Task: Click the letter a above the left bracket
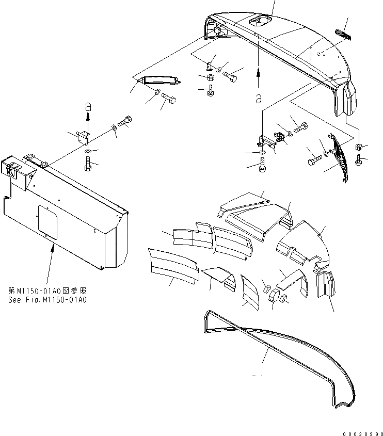[x=88, y=106]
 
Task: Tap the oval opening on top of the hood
[x=259, y=21]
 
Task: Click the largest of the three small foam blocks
[x=274, y=296]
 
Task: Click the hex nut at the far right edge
[x=359, y=147]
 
